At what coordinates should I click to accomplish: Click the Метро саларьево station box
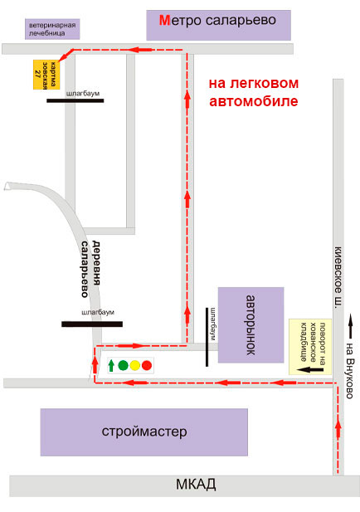[218, 25]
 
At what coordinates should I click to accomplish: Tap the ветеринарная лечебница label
[52, 29]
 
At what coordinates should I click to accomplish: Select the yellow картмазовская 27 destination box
[46, 75]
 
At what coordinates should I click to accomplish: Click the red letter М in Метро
[164, 20]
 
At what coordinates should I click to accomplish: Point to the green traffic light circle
[123, 365]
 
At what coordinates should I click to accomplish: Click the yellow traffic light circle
[135, 365]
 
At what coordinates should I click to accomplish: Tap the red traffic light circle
[147, 365]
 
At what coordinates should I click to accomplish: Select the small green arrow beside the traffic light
[111, 365]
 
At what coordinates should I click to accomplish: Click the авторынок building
[251, 325]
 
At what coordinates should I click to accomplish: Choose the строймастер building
[144, 432]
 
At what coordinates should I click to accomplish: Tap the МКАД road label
[196, 485]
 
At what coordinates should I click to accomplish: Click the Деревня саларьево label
[90, 269]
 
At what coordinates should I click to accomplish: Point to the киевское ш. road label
[338, 276]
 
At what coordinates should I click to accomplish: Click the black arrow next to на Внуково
[350, 326]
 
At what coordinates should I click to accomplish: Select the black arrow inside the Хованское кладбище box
[312, 370]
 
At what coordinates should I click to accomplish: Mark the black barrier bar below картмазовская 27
[75, 101]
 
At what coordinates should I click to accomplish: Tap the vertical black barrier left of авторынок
[207, 337]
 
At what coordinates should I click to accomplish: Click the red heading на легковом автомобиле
[254, 92]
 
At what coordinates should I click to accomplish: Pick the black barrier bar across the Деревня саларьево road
[92, 324]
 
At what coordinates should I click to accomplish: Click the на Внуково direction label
[349, 371]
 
